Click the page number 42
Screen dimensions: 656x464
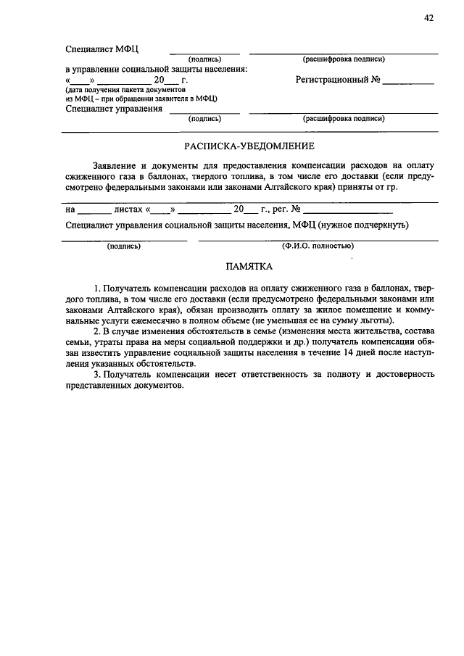(429, 20)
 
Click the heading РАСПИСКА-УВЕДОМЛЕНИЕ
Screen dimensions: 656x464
(249, 146)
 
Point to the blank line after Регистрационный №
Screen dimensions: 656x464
(408, 82)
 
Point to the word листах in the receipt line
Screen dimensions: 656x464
(128, 209)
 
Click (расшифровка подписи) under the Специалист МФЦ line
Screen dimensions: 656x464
(343, 59)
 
